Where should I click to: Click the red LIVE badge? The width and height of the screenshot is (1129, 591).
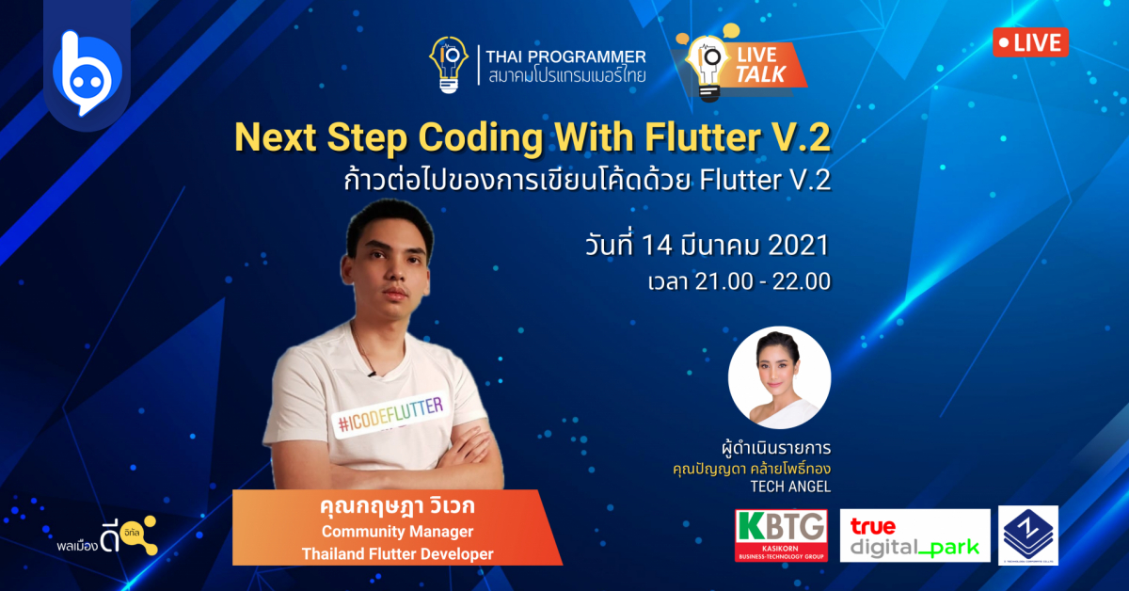[x=1030, y=42]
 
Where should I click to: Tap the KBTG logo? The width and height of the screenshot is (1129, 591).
[x=781, y=535]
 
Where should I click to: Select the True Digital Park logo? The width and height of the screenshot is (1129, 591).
[x=914, y=535]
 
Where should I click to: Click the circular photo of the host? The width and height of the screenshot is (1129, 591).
[x=779, y=377]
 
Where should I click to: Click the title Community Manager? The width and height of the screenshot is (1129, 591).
[x=397, y=533]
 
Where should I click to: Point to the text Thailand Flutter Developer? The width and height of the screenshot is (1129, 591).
[x=397, y=554]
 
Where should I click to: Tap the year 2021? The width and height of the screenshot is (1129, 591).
[x=797, y=246]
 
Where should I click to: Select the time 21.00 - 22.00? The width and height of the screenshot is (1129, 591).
[x=755, y=281]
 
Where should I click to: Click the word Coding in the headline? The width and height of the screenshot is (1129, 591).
[x=477, y=138]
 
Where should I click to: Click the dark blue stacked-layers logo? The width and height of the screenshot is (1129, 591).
[x=1027, y=535]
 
